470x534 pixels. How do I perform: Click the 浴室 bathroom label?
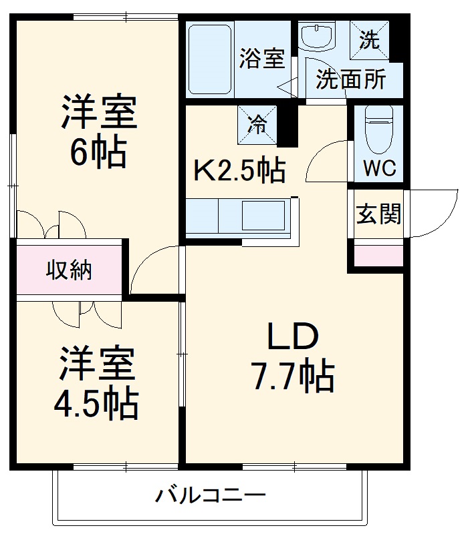click(261, 59)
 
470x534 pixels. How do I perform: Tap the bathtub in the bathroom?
click(209, 59)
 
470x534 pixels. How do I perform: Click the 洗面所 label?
click(351, 79)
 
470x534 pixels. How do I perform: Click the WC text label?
click(379, 168)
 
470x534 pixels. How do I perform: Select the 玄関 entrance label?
click(378, 214)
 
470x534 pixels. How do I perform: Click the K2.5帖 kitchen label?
click(239, 172)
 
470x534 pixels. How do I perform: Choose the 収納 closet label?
click(69, 270)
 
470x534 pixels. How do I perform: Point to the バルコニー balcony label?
click(211, 496)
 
